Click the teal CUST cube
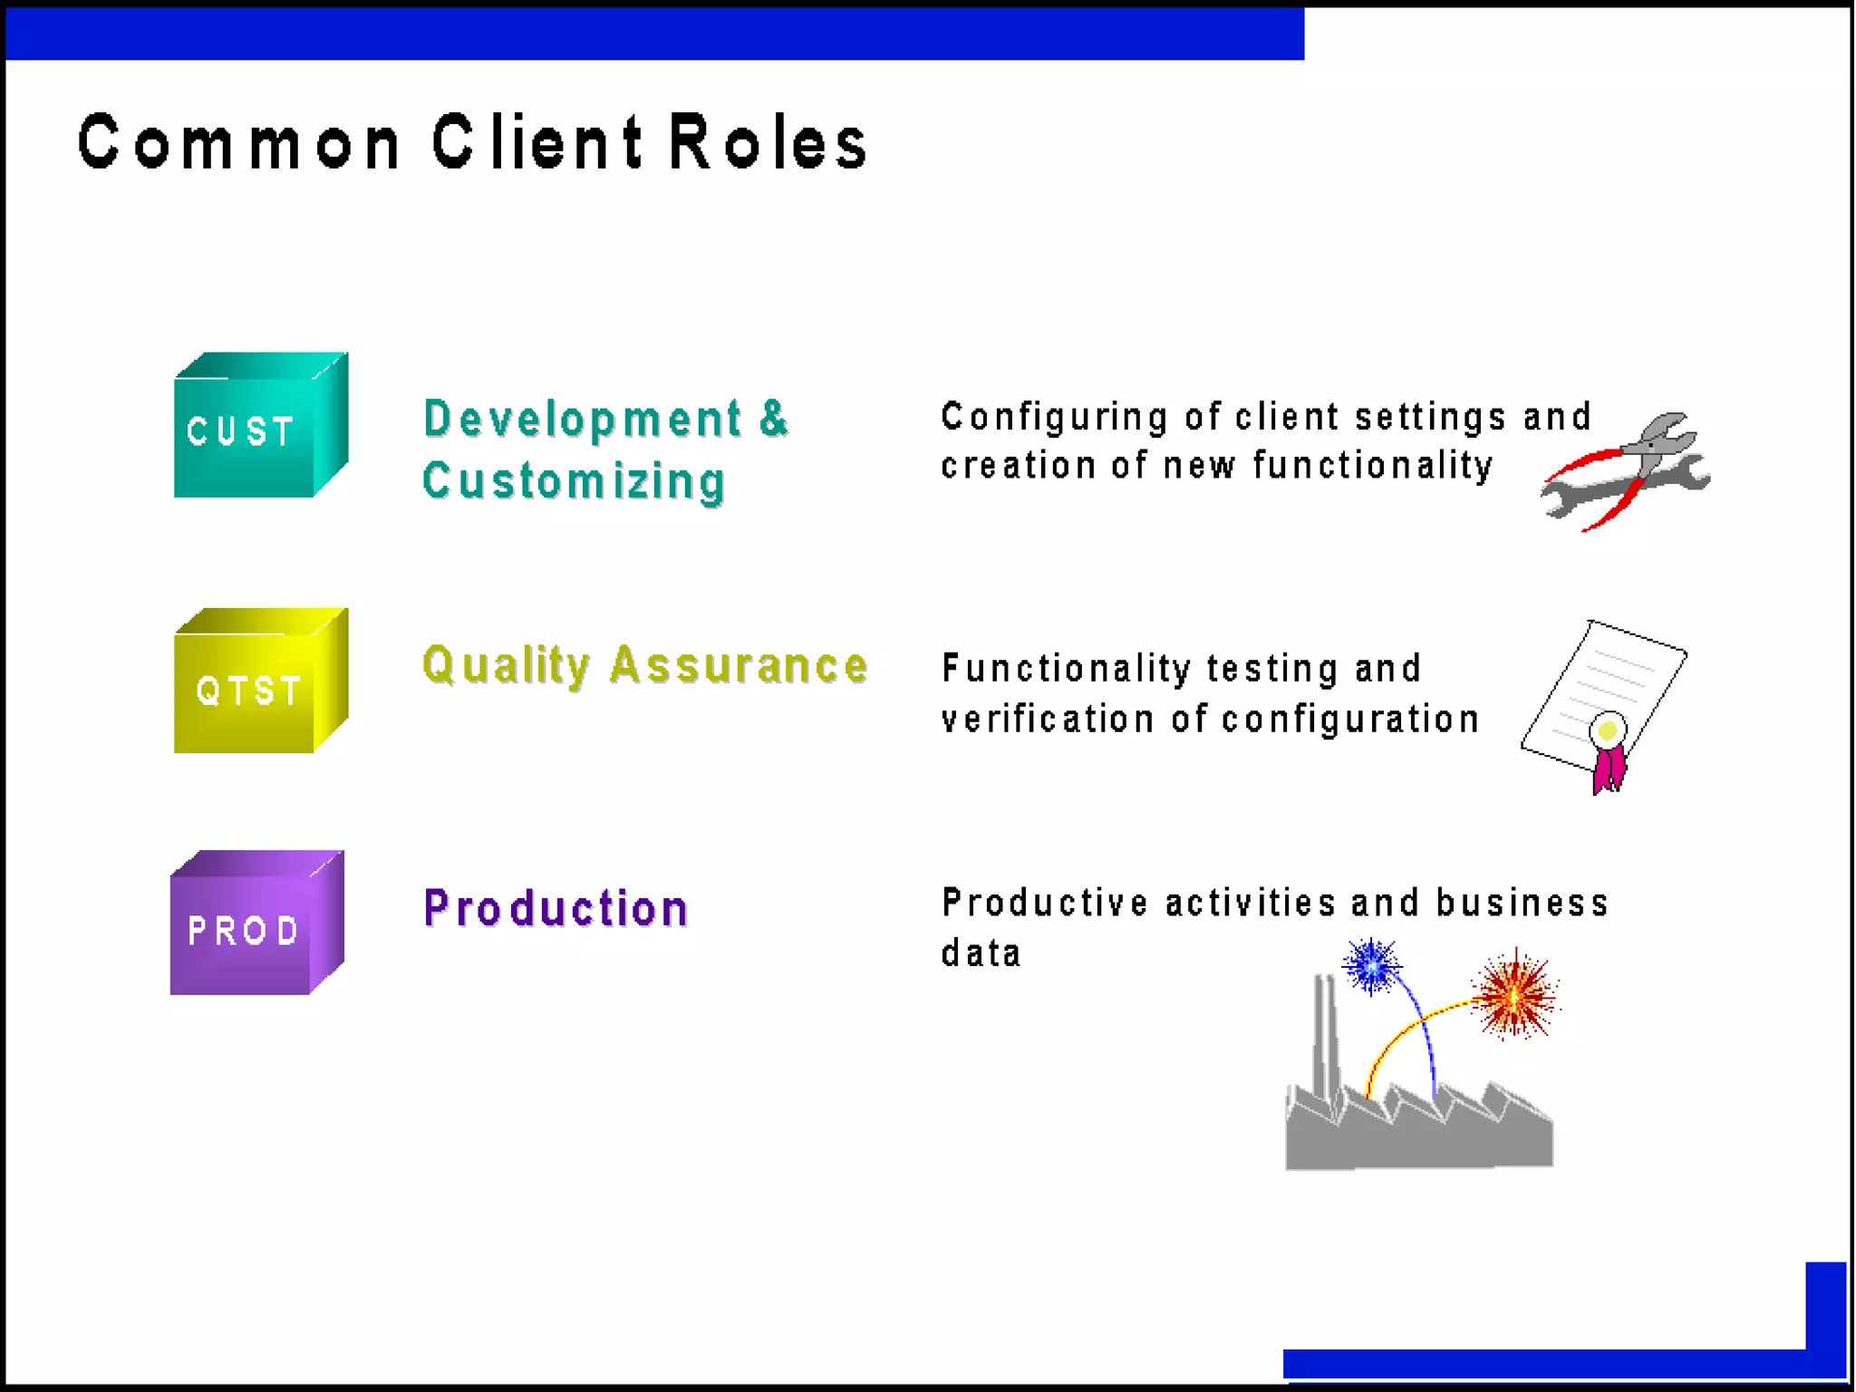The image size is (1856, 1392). tap(260, 426)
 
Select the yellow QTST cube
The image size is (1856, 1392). tap(260, 681)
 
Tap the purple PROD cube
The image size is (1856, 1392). tap(256, 923)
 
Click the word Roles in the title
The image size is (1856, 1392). tap(768, 143)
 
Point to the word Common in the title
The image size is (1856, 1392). tap(239, 143)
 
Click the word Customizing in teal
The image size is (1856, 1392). tap(574, 481)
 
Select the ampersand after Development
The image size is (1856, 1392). tap(773, 418)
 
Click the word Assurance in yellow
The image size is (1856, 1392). tap(739, 665)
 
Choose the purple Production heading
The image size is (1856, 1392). tap(556, 908)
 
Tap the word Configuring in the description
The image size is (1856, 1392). tap(1055, 418)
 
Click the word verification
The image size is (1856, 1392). tap(1048, 720)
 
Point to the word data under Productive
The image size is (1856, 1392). tap(981, 953)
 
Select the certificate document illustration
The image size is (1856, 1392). tap(1602, 698)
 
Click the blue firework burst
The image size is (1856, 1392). tap(1371, 966)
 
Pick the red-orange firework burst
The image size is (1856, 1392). tap(1514, 995)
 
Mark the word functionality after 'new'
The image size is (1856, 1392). tap(1373, 466)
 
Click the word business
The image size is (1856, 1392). tap(1522, 904)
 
